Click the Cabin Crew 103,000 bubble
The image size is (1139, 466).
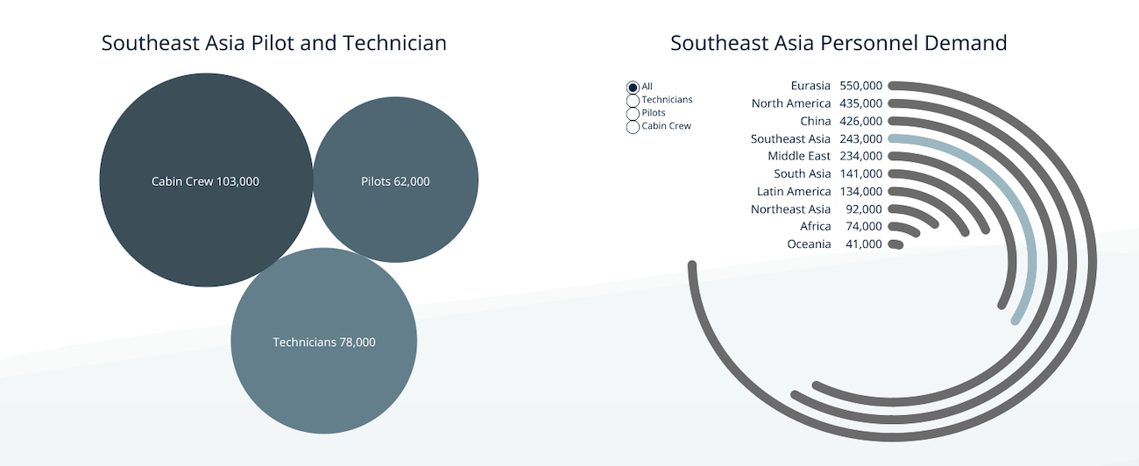(206, 180)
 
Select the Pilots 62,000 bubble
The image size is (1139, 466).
(396, 180)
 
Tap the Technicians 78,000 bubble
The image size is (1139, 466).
(324, 341)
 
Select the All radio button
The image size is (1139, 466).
(633, 88)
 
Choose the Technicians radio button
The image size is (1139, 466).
(633, 101)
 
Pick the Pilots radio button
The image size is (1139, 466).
(633, 114)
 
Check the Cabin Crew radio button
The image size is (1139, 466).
(633, 127)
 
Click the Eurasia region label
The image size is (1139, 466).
(810, 86)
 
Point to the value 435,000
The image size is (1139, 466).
(861, 103)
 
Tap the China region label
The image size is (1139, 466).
(816, 122)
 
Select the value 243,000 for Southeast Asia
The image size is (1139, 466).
(861, 138)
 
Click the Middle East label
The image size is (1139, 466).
(799, 156)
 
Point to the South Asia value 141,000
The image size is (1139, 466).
(861, 173)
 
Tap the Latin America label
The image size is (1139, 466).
(794, 192)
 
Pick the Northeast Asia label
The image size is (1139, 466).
(790, 209)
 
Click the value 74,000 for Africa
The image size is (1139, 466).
(864, 227)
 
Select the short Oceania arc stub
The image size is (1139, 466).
(896, 244)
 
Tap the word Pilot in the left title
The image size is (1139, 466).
(272, 43)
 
